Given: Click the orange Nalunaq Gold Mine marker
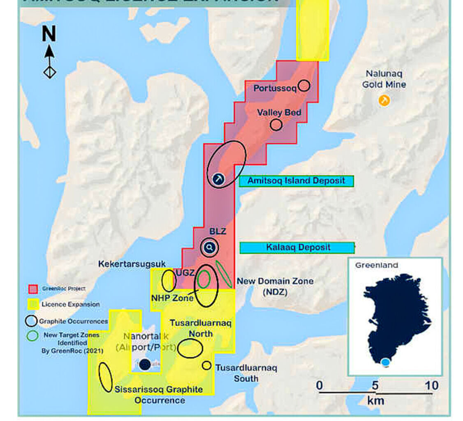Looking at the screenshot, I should pyautogui.click(x=384, y=100).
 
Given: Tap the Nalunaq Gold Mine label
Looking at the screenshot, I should pyautogui.click(x=384, y=79).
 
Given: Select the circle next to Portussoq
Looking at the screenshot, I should pyautogui.click(x=304, y=86).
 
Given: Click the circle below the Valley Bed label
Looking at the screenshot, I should pyautogui.click(x=276, y=125).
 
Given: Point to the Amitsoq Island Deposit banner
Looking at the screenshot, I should pyautogui.click(x=296, y=180).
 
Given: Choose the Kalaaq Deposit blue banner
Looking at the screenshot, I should pyautogui.click(x=297, y=248).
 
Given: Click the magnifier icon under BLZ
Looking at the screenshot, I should pyautogui.click(x=210, y=248).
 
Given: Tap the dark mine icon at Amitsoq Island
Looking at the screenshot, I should pyautogui.click(x=218, y=178).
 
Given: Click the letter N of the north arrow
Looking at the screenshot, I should pyautogui.click(x=49, y=34).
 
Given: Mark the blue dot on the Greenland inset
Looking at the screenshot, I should pyautogui.click(x=385, y=362).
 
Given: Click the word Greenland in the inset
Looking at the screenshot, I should pyautogui.click(x=376, y=265).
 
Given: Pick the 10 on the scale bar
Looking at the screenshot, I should pyautogui.click(x=432, y=386).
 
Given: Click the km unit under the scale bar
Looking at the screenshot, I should pyautogui.click(x=375, y=400).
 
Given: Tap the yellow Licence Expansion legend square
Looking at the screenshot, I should pyautogui.click(x=33, y=304).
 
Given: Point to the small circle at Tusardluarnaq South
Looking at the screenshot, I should pyautogui.click(x=206, y=365).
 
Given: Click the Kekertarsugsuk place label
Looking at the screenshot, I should pyautogui.click(x=132, y=264).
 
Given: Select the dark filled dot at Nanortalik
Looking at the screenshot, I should pyautogui.click(x=144, y=365).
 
